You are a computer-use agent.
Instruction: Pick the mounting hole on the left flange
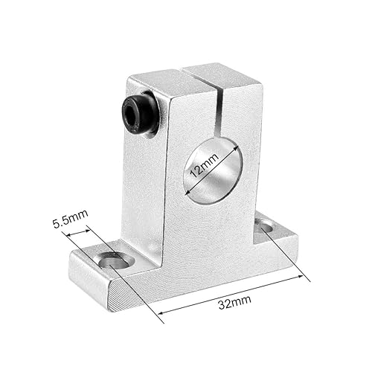[112, 260]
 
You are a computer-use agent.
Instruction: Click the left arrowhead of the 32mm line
[161, 311]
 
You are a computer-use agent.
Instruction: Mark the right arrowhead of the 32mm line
[306, 278]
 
